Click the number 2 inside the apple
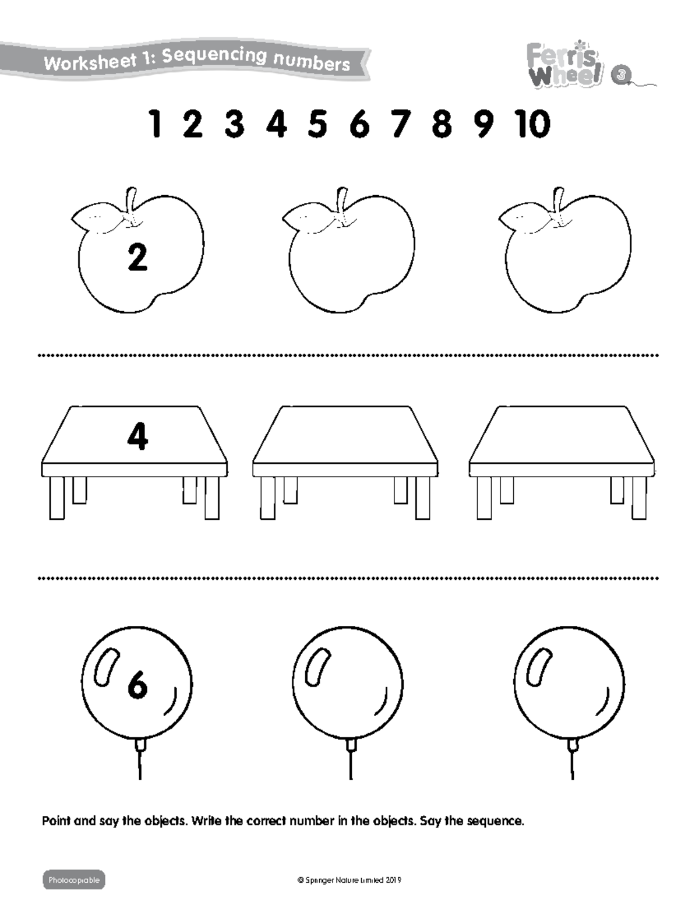point(137,258)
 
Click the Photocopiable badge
point(74,879)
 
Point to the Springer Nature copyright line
point(349,880)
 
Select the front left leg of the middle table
point(267,498)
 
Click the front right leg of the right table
point(639,498)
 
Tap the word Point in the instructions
point(57,822)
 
